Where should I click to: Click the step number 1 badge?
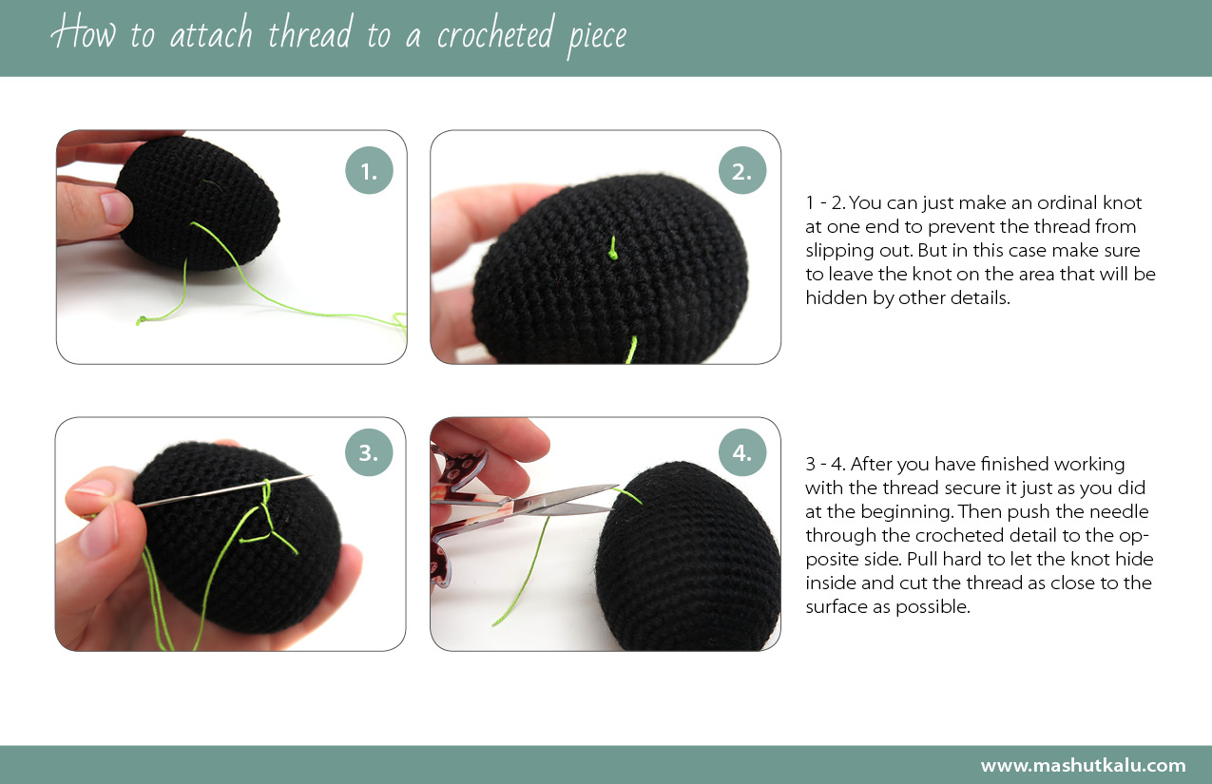click(369, 171)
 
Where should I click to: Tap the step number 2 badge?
click(742, 171)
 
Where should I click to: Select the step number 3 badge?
click(369, 453)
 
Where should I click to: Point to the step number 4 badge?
click(742, 453)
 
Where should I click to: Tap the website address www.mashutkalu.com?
click(1083, 765)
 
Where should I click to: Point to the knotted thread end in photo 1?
click(143, 320)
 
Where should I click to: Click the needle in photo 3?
click(219, 491)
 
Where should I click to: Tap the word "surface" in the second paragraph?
click(836, 606)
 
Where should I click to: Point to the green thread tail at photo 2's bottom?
click(629, 351)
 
